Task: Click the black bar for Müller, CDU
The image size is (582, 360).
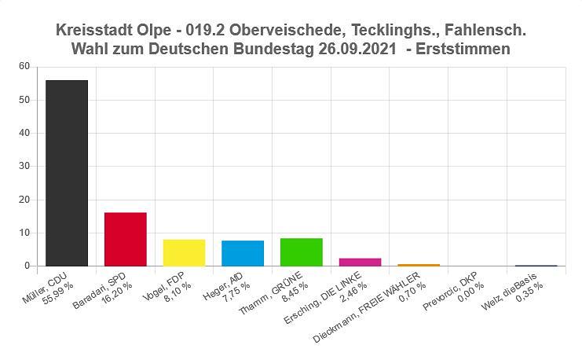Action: (x=67, y=173)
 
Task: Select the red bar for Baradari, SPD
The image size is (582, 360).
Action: (x=126, y=239)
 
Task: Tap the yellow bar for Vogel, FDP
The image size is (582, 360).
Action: (x=184, y=252)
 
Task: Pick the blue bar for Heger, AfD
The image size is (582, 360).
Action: (x=243, y=253)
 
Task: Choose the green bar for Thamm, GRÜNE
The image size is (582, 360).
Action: (x=301, y=252)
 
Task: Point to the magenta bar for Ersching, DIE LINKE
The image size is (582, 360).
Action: (x=360, y=262)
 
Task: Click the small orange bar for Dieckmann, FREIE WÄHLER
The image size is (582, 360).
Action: (x=418, y=265)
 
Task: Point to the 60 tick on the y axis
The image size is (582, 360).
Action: (x=24, y=67)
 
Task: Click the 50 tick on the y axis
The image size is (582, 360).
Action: (x=24, y=100)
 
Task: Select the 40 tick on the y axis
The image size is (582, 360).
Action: (x=24, y=133)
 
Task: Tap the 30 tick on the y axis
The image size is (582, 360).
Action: (x=24, y=167)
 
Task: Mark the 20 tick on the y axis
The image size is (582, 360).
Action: (x=24, y=200)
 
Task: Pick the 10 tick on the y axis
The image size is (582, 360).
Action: (x=24, y=233)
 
